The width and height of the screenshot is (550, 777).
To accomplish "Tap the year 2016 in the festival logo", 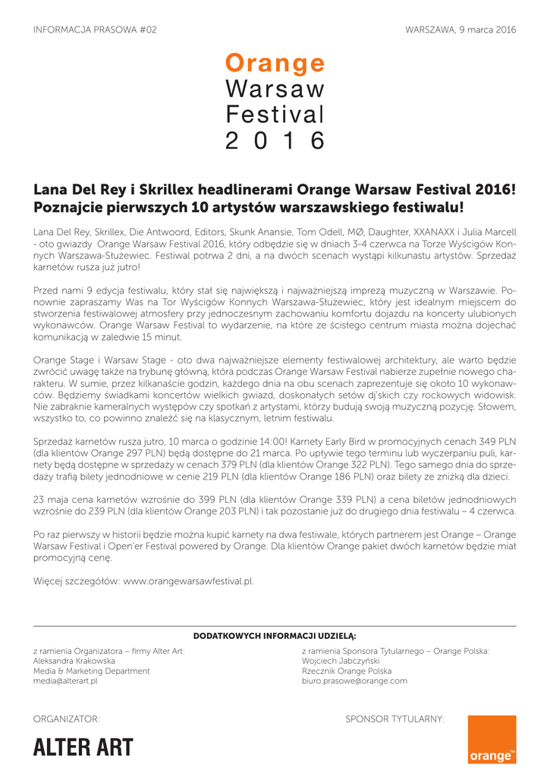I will tap(275, 140).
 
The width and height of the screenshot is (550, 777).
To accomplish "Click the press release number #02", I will tap(148, 30).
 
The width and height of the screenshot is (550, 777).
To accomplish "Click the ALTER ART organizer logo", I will tap(83, 747).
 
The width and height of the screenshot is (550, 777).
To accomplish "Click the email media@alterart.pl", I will tap(65, 681).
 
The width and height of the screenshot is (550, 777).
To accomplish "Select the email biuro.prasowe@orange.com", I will tap(354, 681).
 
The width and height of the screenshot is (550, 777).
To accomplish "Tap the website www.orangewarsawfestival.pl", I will tap(187, 581).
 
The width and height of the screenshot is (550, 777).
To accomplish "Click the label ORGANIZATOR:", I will tap(67, 719).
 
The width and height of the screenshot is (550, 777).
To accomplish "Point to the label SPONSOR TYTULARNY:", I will tap(394, 719).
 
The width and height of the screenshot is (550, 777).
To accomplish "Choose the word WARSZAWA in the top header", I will tap(430, 30).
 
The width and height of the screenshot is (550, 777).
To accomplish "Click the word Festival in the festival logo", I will tap(275, 115).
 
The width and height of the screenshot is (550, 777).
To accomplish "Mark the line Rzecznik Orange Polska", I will tap(347, 672).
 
